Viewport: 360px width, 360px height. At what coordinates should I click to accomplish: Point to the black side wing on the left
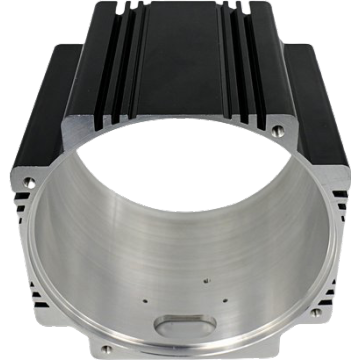pos(40,110)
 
